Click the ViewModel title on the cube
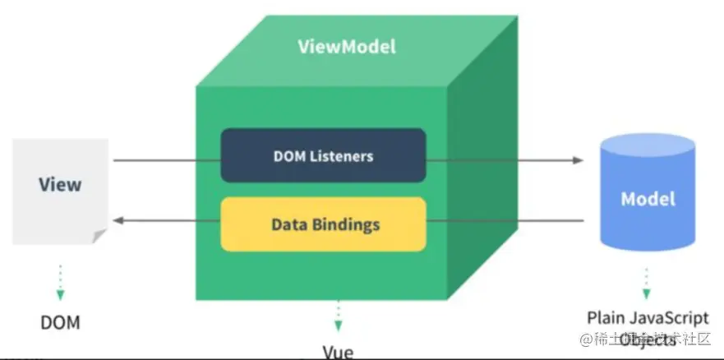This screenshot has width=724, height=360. (346, 47)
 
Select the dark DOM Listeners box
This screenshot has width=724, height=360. (323, 155)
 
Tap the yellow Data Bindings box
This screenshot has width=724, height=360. (323, 224)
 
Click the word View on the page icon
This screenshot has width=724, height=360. (60, 184)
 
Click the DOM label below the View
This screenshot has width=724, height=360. (61, 321)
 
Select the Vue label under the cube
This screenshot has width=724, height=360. (338, 352)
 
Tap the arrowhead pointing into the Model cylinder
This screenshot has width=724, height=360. (579, 160)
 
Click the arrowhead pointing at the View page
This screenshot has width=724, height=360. (117, 220)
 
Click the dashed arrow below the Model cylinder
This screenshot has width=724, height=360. (647, 284)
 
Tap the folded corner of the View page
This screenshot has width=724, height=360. (99, 237)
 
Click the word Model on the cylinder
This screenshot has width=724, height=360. (648, 199)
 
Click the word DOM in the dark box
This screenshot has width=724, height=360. (288, 155)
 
